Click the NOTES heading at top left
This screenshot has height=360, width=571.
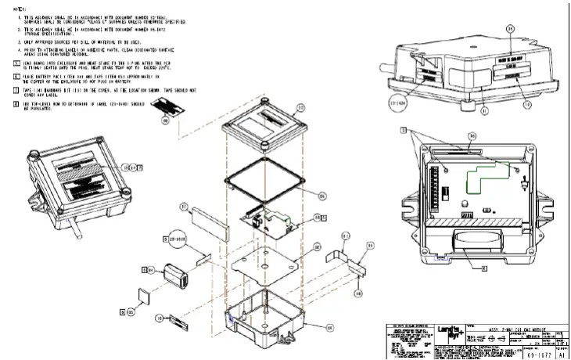point(10,5)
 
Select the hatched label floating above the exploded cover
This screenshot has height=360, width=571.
point(164,110)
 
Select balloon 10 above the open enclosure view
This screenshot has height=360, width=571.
point(472,136)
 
